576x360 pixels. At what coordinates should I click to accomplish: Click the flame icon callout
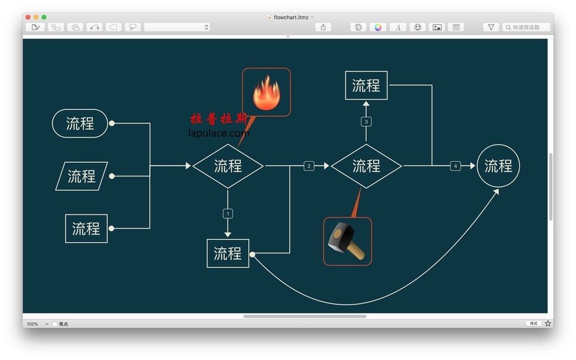coord(266,92)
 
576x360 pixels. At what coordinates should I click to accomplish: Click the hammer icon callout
coord(347,241)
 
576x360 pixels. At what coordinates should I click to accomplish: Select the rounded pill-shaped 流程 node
coord(80,123)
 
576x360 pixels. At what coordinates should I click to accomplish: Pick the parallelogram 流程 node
coord(81,176)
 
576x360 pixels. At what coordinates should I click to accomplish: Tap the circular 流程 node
coord(498,166)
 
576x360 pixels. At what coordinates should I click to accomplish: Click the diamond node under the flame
coord(228,166)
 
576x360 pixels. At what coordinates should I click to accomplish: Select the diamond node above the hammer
coord(366,166)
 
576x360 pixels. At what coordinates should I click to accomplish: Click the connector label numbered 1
coord(228,213)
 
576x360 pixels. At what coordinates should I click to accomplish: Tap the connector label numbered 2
coord(309,166)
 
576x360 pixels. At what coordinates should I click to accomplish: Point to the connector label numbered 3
coord(366,122)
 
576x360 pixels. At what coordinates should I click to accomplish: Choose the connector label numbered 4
coord(456,166)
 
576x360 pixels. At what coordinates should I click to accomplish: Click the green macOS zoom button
coord(44,17)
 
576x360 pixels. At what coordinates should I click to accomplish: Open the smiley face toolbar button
coord(418,28)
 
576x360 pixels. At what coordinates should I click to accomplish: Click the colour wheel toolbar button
coord(378,28)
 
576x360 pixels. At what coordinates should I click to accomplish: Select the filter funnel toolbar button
coord(491,28)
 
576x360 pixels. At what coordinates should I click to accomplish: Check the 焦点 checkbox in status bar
coord(55,324)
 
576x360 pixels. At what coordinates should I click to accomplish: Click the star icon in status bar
coord(548,323)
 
